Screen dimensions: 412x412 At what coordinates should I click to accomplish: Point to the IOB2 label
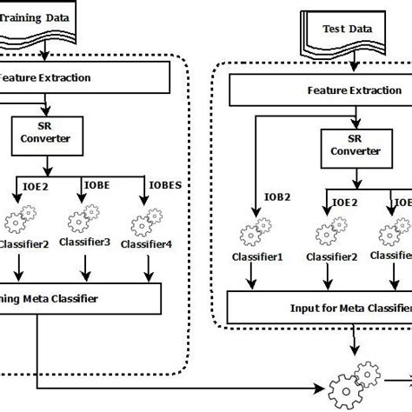tap(276, 196)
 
